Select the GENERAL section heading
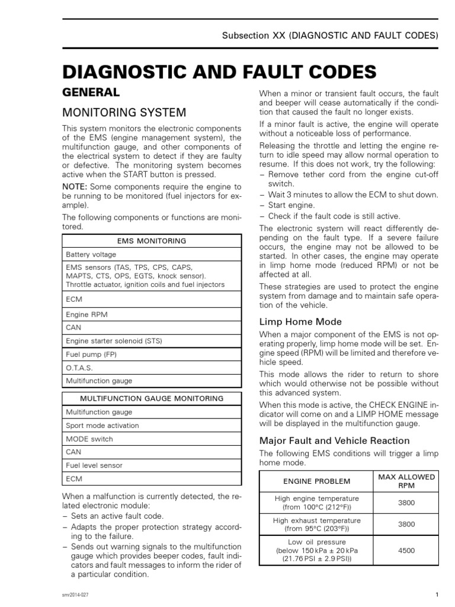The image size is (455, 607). click(91, 92)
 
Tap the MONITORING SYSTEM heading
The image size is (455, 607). click(124, 112)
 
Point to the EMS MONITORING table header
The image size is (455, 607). click(151, 241)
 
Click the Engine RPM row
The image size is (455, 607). click(86, 314)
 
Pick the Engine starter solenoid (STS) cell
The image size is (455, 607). click(114, 341)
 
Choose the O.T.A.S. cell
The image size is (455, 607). click(79, 368)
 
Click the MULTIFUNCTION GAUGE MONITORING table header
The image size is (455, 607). click(151, 398)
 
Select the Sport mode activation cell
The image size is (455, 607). click(102, 426)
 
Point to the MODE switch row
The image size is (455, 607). click(89, 439)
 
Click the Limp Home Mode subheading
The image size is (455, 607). click(301, 322)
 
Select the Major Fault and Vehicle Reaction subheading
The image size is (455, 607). click(335, 440)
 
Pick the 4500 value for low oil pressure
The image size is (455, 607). click(406, 551)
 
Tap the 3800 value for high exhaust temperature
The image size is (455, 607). click(406, 524)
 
